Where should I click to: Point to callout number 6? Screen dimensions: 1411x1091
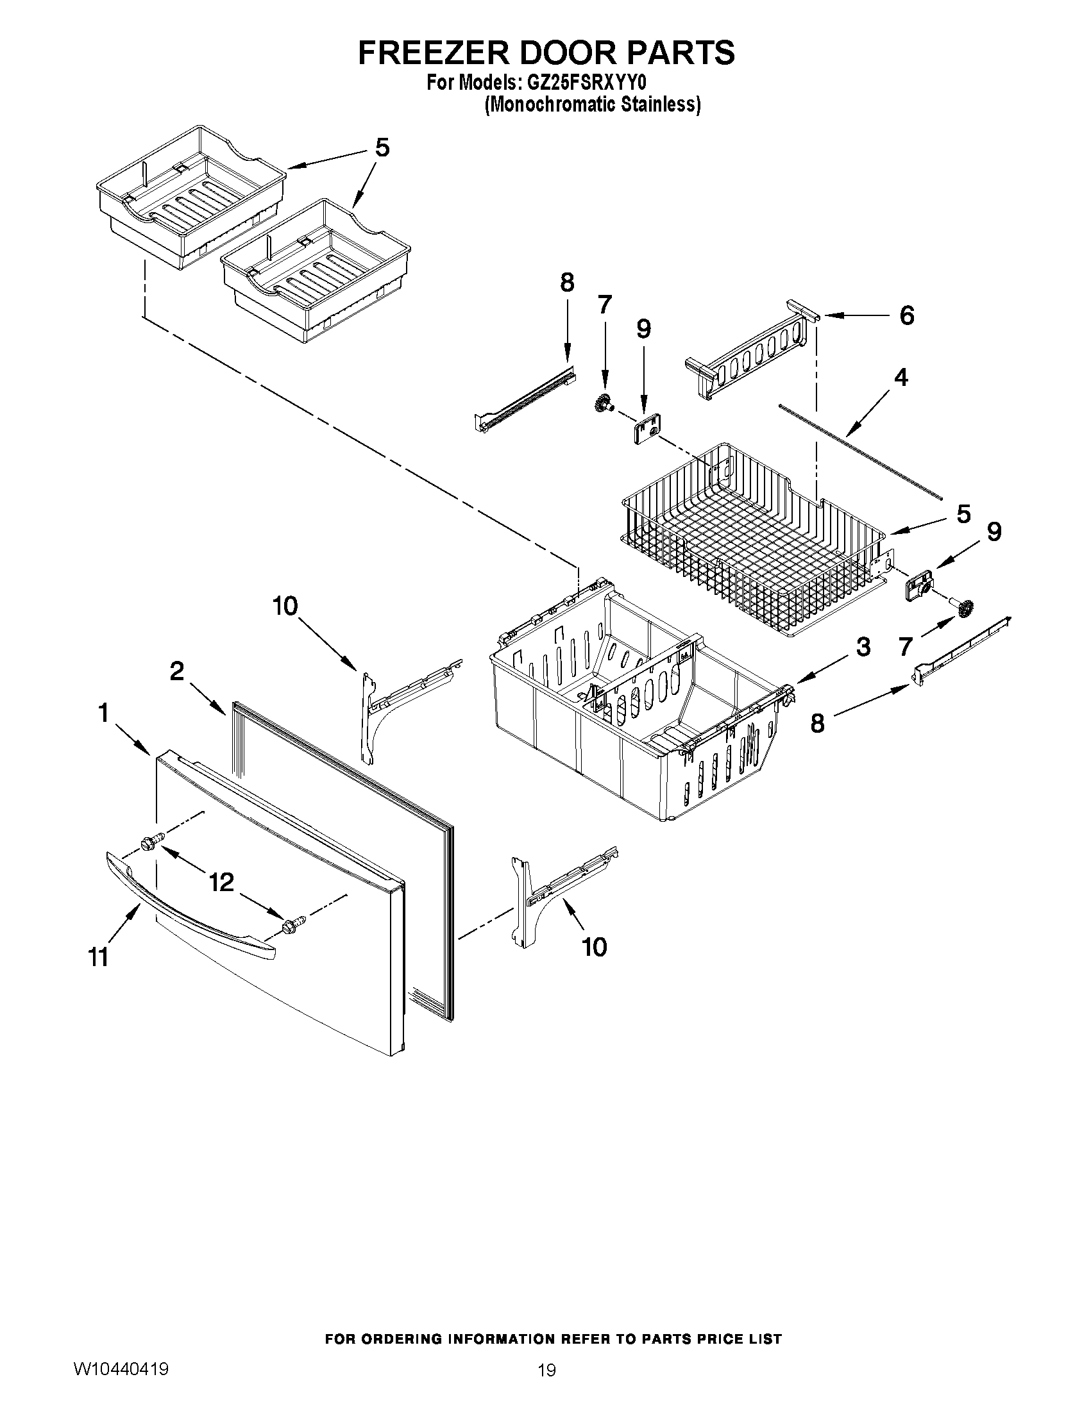906,316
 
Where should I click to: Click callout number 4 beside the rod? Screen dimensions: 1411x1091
901,378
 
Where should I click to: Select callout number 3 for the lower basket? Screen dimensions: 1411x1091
863,647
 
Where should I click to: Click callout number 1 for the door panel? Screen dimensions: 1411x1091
103,714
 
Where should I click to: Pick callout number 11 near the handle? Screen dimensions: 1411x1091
98,957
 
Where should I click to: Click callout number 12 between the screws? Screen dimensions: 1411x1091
221,882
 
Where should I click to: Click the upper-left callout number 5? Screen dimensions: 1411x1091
383,148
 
